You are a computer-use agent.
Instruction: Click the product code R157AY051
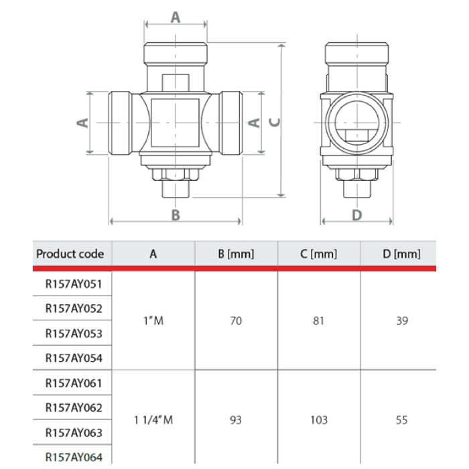(73, 284)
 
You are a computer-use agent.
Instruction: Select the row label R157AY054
(73, 358)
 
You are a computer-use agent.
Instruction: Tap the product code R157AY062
(73, 407)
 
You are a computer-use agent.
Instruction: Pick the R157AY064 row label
(73, 457)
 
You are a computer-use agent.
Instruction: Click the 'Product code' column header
(70, 254)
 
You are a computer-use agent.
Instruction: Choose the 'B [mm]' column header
(236, 254)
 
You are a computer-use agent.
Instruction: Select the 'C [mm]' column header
(319, 254)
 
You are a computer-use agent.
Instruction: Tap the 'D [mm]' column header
(401, 254)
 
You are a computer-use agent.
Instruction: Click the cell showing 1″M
(153, 321)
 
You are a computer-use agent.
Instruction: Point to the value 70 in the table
(236, 321)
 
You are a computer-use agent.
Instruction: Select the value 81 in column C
(319, 321)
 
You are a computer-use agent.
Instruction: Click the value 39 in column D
(401, 321)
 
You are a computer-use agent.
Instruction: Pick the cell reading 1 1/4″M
(153, 420)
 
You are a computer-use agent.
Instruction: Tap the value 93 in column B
(236, 420)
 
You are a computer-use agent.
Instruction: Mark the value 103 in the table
(319, 420)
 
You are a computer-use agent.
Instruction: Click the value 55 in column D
(401, 420)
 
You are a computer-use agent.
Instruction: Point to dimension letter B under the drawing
(176, 215)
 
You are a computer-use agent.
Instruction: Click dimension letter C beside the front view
(273, 122)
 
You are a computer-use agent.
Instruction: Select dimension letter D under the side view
(357, 215)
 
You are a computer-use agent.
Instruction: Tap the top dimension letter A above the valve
(176, 17)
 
